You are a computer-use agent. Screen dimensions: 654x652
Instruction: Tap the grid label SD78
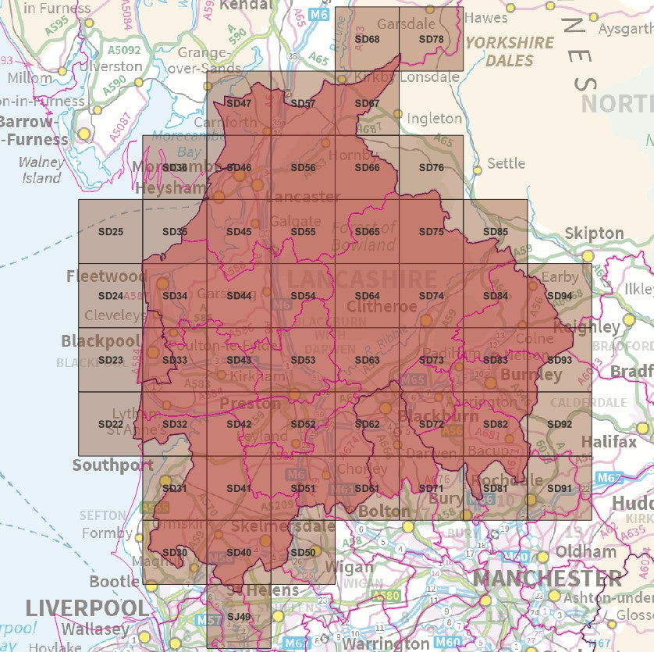(431, 39)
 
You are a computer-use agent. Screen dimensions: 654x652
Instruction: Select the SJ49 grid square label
(238, 617)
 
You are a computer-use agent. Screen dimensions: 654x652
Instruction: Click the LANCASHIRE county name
(361, 280)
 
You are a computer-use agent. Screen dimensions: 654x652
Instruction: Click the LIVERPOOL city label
(86, 608)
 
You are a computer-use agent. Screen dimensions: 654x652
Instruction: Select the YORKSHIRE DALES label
(510, 52)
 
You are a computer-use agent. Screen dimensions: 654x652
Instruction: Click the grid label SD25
(111, 232)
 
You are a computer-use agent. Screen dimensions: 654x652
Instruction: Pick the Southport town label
(113, 465)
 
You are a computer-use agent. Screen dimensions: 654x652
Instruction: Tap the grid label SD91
(560, 489)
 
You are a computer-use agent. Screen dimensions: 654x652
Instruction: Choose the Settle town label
(506, 164)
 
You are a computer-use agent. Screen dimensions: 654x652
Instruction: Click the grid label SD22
(111, 424)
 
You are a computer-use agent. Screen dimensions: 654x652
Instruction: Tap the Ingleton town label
(435, 119)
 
